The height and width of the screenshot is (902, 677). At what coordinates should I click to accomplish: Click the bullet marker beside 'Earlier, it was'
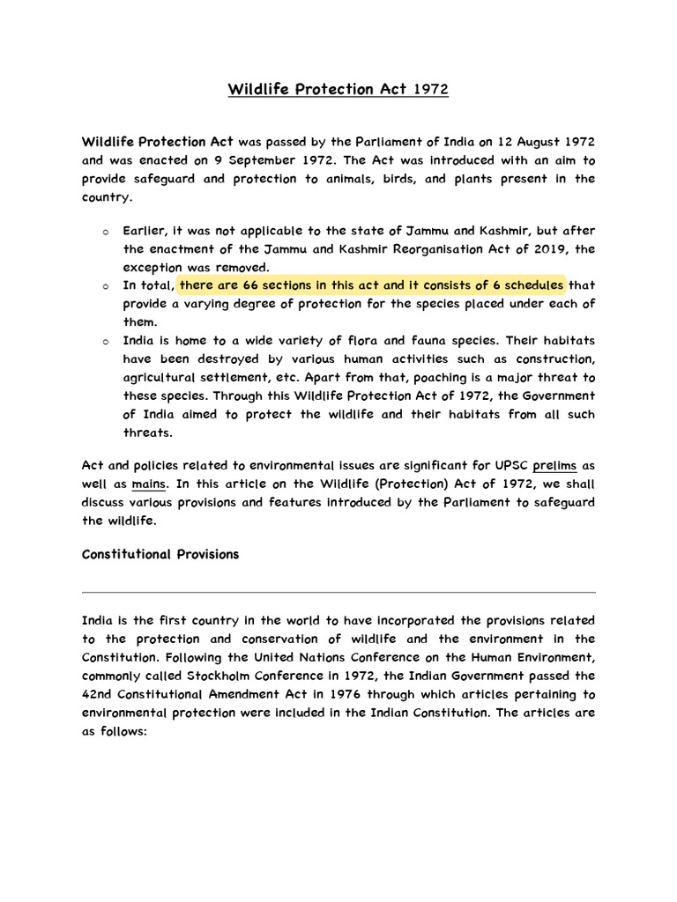coord(104,232)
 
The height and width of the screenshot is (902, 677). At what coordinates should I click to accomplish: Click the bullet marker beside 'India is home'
coord(104,341)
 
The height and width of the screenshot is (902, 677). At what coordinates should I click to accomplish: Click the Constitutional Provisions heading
coord(160,554)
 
